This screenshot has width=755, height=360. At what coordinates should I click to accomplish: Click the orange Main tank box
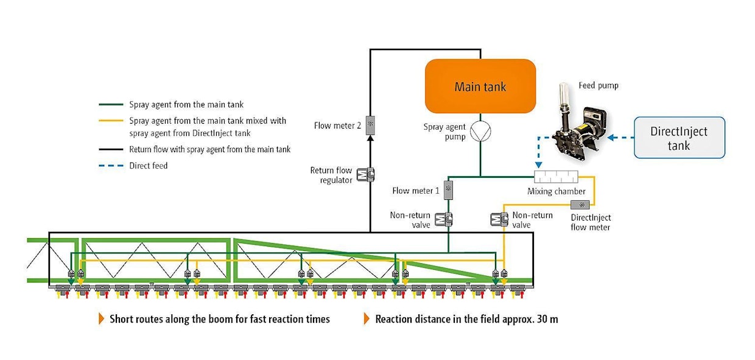(x=480, y=86)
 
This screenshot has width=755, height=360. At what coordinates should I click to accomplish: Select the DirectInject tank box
(x=679, y=138)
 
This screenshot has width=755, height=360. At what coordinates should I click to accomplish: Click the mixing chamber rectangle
(x=555, y=177)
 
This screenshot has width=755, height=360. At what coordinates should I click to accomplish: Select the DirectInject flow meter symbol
(x=580, y=205)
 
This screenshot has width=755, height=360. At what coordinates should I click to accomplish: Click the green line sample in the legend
(x=111, y=105)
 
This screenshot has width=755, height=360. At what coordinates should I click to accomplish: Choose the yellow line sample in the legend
(x=111, y=121)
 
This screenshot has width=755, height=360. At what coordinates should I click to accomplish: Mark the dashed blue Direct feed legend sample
(x=111, y=165)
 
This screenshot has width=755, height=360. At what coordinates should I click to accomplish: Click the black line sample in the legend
(x=111, y=149)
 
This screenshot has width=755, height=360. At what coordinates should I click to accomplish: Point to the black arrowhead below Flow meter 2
(x=370, y=138)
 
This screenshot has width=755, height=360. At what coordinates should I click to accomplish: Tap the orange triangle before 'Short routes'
(x=102, y=319)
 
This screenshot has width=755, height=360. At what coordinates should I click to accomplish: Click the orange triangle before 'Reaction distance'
(x=367, y=319)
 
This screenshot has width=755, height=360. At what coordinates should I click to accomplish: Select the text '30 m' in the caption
(x=547, y=319)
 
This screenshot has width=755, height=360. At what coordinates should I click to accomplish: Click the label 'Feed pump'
(x=598, y=86)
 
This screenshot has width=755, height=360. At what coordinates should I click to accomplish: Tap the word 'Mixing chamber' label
(x=556, y=191)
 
